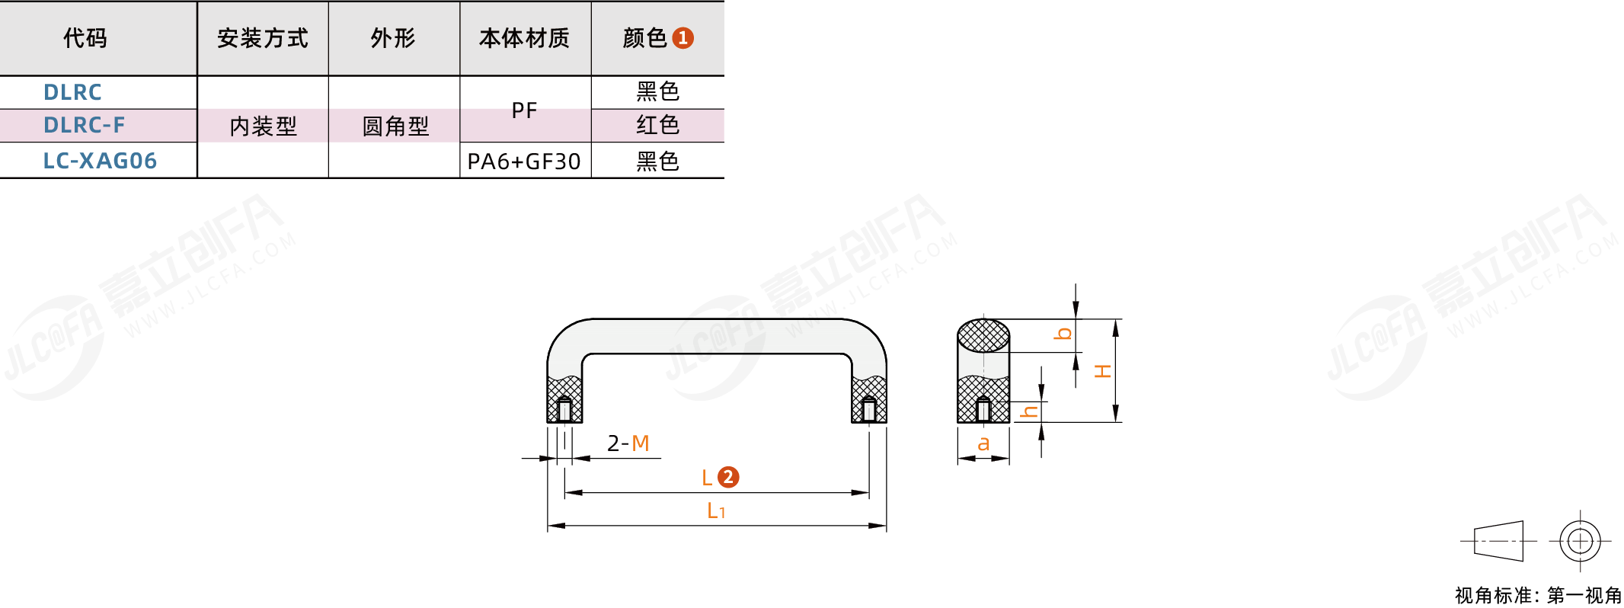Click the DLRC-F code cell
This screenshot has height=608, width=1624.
(84, 125)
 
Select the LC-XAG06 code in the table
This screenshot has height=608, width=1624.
(100, 161)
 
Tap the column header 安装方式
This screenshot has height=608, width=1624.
(262, 38)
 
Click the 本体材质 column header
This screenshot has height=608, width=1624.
(524, 38)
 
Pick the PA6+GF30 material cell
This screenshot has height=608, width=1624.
(524, 162)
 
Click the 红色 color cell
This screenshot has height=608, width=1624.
(657, 125)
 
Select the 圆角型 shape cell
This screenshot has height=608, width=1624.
(395, 126)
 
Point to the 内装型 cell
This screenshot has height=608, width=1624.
(263, 126)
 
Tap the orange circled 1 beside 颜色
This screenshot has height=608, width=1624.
(683, 38)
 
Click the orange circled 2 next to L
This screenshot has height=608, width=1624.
(728, 477)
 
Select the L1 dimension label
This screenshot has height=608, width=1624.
(716, 510)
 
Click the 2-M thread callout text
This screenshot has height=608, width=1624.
(628, 443)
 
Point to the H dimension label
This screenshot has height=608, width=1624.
(1102, 372)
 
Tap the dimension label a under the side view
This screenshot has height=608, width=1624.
(983, 443)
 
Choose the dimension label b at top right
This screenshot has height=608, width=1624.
(1063, 334)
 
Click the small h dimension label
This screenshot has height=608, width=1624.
(1029, 411)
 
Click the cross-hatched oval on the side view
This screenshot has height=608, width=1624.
(983, 335)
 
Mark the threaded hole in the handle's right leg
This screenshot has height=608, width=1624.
(869, 410)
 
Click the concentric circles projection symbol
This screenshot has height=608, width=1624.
(1580, 541)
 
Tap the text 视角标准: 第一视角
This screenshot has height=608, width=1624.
(1538, 595)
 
